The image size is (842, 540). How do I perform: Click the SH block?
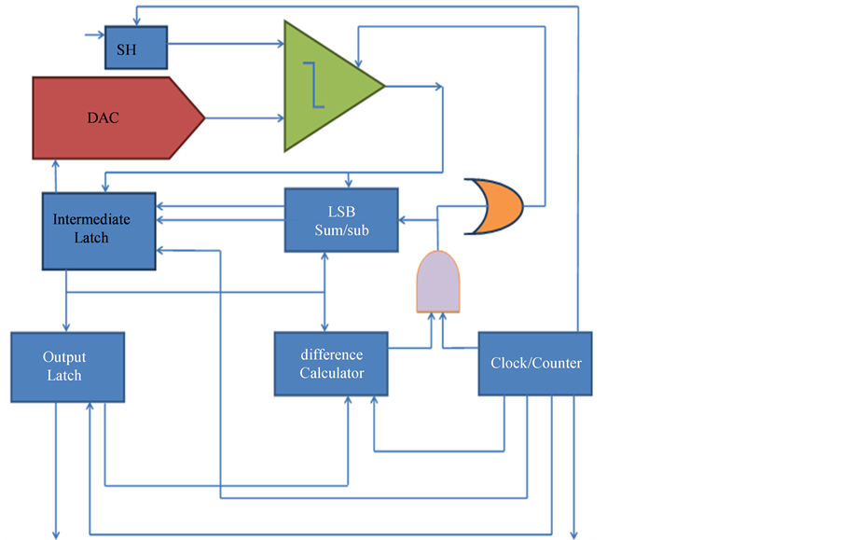pyautogui.click(x=135, y=48)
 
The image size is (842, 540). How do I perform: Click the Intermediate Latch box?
pyautogui.click(x=98, y=230)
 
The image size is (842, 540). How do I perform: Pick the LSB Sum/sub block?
pyautogui.click(x=340, y=220)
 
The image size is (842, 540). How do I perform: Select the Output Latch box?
pyautogui.click(x=67, y=367)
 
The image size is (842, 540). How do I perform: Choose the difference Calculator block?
pyautogui.click(x=331, y=365)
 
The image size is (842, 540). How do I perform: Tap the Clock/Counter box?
pyautogui.click(x=535, y=364)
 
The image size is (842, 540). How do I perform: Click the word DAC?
pyautogui.click(x=103, y=119)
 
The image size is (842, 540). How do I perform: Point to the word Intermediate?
pyautogui.click(x=91, y=220)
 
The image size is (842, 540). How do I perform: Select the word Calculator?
pyautogui.click(x=331, y=373)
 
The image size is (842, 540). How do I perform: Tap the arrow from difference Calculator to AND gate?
pyautogui.click(x=410, y=348)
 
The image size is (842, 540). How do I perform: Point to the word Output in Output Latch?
pyautogui.click(x=64, y=357)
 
